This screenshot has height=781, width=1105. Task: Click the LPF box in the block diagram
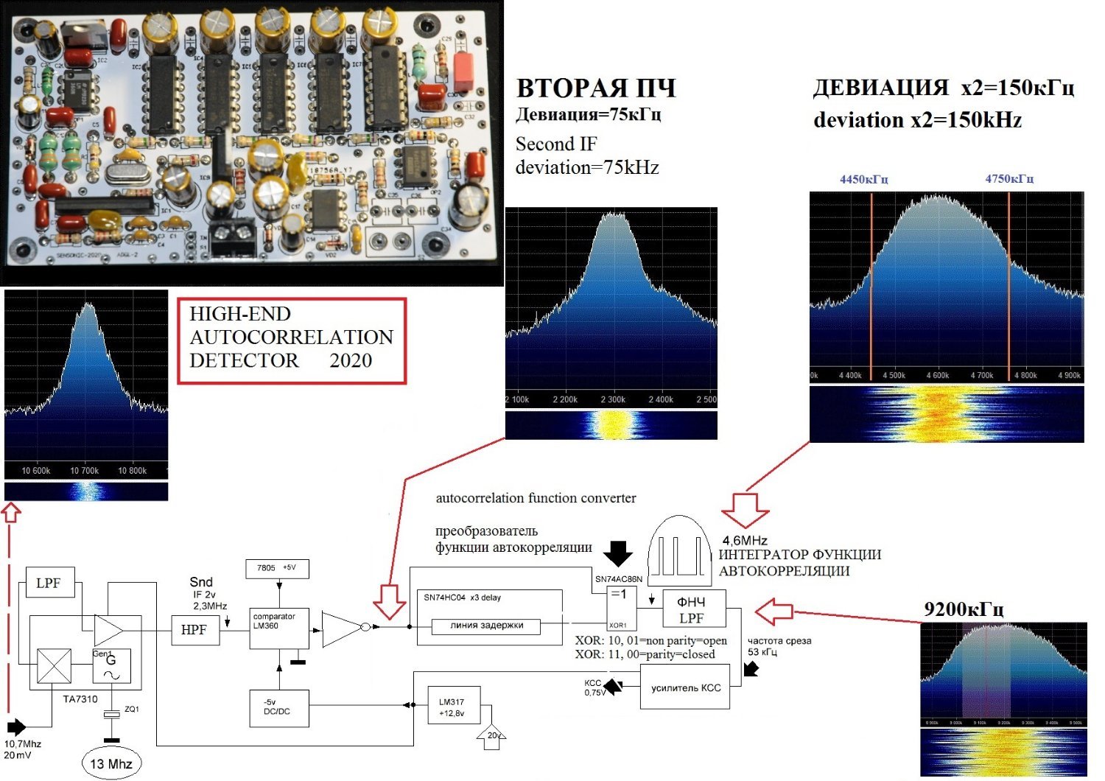(x=49, y=583)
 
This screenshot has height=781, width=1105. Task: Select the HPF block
(x=194, y=630)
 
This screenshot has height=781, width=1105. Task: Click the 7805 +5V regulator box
(x=276, y=568)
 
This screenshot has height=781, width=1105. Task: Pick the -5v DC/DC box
(x=278, y=707)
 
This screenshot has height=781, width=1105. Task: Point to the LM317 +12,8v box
(x=455, y=707)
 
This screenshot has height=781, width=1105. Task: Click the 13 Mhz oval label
(x=110, y=763)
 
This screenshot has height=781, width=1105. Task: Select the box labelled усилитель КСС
(x=685, y=687)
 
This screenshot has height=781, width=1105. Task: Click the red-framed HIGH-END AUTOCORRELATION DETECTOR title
(x=292, y=340)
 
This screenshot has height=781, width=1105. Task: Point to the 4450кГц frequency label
(x=863, y=179)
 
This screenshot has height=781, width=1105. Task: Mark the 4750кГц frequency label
(x=1009, y=179)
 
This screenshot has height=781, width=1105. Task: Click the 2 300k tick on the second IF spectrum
(x=613, y=399)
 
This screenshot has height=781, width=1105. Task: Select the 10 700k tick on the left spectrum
(x=85, y=470)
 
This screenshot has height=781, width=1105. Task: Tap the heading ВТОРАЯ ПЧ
(x=596, y=88)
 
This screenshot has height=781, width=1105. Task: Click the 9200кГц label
(x=964, y=609)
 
